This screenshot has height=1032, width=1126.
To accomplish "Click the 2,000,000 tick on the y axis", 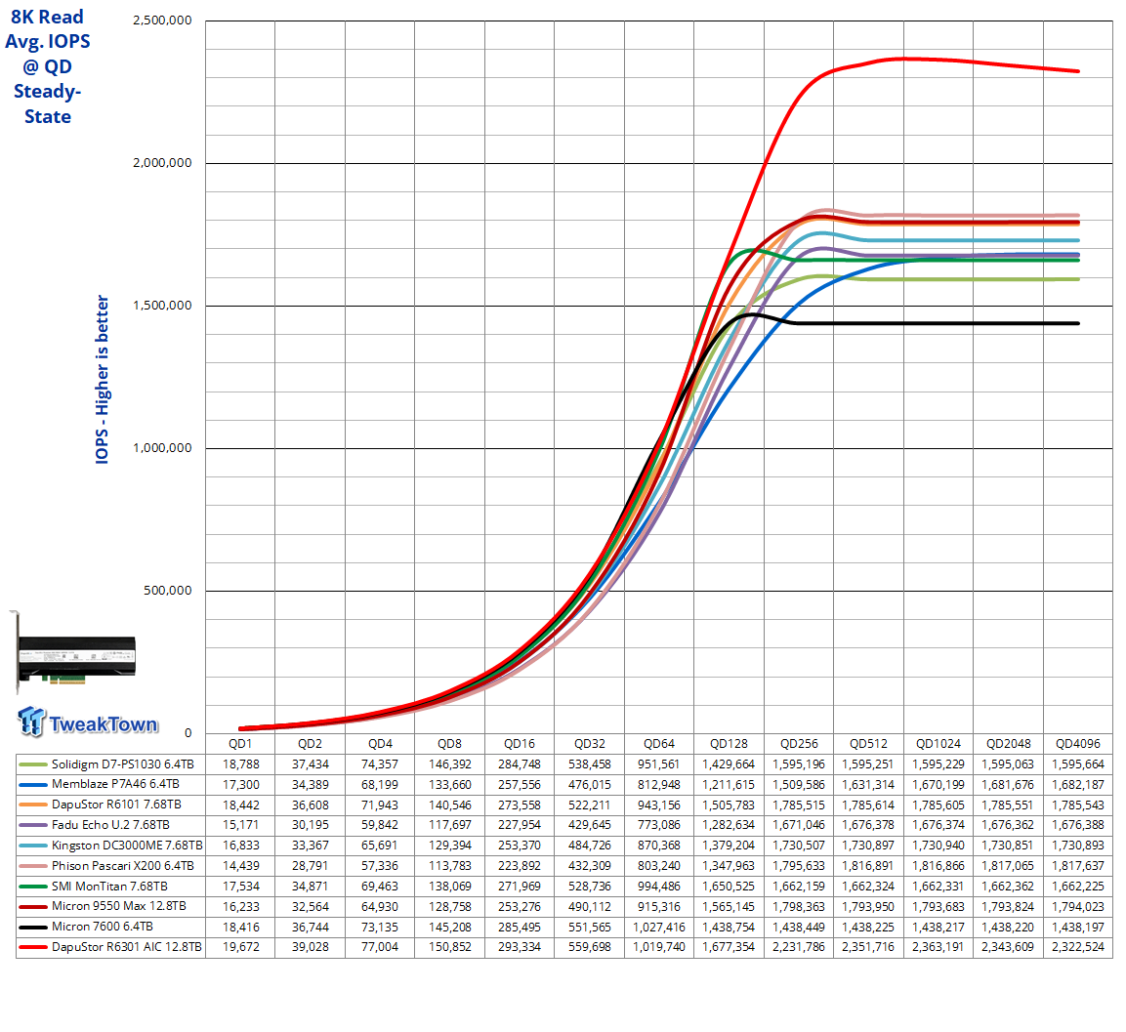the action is [162, 163].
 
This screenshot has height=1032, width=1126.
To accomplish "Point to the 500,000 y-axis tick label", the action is [167, 591].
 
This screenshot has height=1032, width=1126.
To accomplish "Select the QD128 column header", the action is [729, 743].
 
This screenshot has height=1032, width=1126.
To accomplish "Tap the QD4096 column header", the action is [1077, 743].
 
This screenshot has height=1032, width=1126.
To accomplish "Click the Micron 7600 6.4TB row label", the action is [102, 927].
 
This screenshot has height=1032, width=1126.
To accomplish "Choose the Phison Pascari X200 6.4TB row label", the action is [123, 865].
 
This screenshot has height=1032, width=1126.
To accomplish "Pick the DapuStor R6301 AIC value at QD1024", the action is [938, 946].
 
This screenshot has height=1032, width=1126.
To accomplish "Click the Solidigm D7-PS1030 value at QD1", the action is [240, 764].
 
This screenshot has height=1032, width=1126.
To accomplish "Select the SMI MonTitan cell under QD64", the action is [658, 887].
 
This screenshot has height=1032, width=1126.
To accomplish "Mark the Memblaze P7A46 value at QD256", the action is [799, 784].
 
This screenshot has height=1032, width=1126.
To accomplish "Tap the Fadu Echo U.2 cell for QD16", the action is [520, 825].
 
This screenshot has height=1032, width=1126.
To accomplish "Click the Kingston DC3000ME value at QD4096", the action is [1077, 846].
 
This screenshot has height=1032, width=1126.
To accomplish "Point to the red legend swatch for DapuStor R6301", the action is [33, 947].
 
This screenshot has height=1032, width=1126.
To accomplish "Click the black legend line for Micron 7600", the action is [33, 928].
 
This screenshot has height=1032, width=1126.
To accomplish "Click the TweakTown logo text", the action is [104, 723].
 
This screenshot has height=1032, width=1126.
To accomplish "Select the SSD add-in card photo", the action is [75, 653].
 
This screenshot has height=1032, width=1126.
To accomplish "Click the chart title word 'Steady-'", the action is [48, 91].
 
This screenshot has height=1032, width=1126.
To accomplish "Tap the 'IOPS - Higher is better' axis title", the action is [102, 379].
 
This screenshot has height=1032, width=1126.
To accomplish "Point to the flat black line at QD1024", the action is [938, 323].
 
